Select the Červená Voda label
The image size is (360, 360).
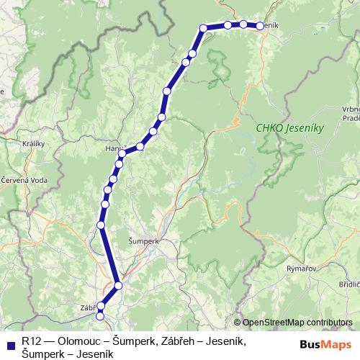click(24, 179)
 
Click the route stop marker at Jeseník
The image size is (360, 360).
click(260, 26)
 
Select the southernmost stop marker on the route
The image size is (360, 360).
click(100, 315)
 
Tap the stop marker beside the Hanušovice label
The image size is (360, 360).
click(122, 153)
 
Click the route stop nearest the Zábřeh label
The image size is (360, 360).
click(101, 307)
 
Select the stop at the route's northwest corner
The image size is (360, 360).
click(204, 28)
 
